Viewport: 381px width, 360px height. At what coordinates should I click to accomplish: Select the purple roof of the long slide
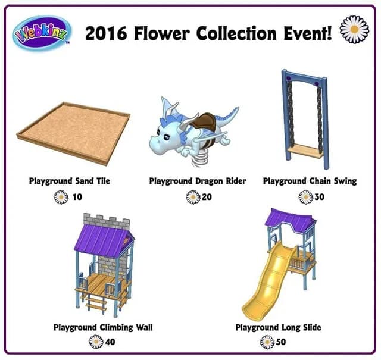(289, 221)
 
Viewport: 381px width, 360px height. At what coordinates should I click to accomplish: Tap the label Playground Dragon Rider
(197, 181)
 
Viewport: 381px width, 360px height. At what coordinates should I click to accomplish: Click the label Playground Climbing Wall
(103, 327)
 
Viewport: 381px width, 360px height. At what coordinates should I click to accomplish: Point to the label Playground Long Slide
(278, 327)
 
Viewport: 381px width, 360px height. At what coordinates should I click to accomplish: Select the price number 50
(282, 343)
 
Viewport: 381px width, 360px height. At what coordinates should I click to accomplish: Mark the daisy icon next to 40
(95, 342)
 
